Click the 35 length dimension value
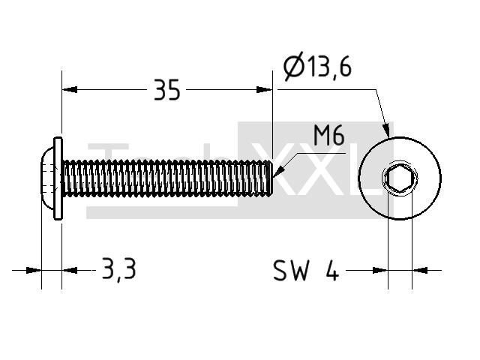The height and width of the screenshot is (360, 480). click(166, 90)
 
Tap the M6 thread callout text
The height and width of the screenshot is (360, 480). click(329, 136)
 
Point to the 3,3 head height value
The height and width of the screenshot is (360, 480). click(118, 269)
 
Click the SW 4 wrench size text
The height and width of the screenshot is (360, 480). click(306, 270)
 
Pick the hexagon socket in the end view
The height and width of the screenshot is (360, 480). click(400, 178)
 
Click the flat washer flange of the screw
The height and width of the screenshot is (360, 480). click(58, 178)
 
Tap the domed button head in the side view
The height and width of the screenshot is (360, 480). click(47, 178)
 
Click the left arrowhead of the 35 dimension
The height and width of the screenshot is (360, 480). click(70, 90)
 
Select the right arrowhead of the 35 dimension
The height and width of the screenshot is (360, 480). click(264, 90)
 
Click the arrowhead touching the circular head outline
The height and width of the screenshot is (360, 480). click(386, 130)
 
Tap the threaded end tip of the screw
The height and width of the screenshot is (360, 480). click(271, 178)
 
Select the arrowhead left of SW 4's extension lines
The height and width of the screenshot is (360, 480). click(380, 270)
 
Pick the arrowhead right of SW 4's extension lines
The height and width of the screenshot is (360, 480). click(420, 270)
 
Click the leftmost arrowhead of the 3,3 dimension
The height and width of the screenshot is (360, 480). click(33, 270)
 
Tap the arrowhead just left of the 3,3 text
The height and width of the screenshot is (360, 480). click(70, 270)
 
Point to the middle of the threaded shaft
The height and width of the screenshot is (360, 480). click(167, 178)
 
